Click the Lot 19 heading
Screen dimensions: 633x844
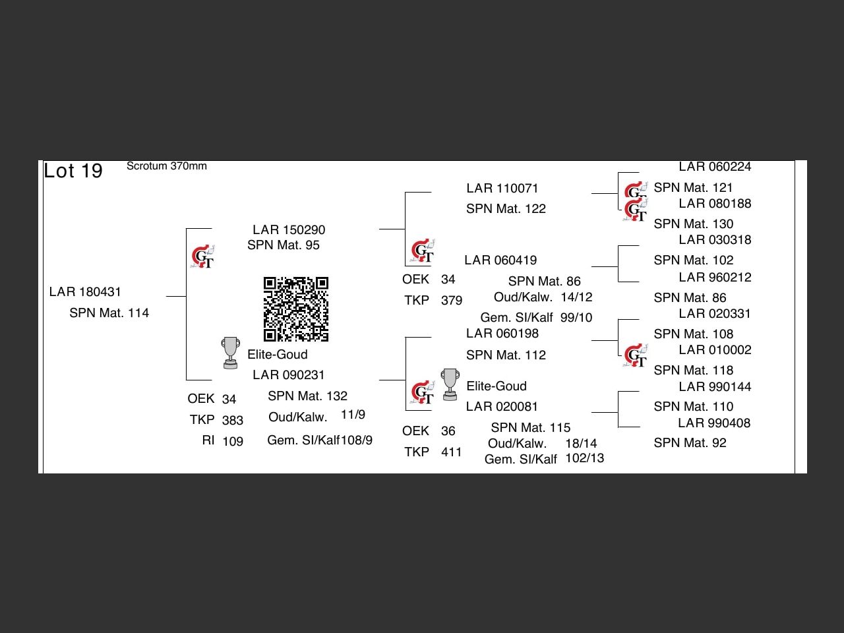[73, 171]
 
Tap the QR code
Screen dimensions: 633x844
[296, 309]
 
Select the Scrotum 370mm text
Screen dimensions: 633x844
[166, 166]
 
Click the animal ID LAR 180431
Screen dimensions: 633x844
[85, 292]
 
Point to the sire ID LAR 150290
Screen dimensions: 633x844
[289, 230]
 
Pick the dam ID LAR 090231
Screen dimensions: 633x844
[289, 375]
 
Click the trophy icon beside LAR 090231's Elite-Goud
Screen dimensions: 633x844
[230, 352]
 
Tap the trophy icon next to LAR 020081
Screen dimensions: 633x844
[450, 384]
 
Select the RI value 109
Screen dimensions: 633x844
[233, 442]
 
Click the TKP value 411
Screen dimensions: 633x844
[452, 452]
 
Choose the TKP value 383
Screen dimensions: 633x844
[233, 421]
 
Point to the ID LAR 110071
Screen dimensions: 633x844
[502, 189]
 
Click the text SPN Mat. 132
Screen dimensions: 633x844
[307, 396]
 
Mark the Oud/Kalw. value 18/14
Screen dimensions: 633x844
[581, 444]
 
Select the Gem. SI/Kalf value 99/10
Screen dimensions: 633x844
[576, 318]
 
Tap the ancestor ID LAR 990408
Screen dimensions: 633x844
[714, 423]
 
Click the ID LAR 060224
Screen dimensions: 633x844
[715, 167]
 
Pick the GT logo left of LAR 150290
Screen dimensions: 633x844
[203, 256]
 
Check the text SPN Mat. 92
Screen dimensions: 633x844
[690, 443]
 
